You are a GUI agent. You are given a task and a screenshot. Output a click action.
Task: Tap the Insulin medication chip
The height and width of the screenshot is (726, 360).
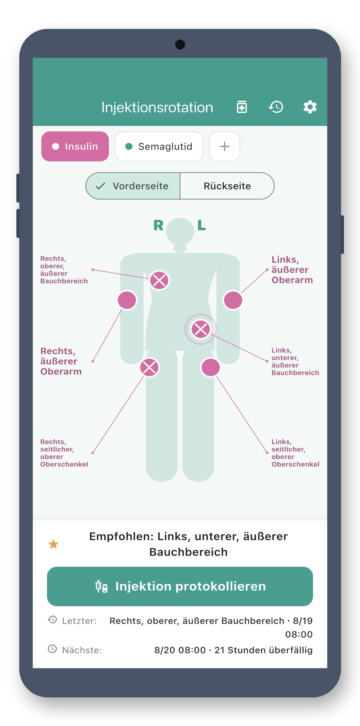(x=75, y=146)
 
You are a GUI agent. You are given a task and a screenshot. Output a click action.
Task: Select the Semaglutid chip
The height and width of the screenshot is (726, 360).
(x=159, y=146)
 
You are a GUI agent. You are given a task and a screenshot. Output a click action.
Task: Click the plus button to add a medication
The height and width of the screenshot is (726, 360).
(x=224, y=146)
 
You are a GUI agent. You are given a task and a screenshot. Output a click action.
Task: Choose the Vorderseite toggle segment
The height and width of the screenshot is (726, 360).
(x=133, y=186)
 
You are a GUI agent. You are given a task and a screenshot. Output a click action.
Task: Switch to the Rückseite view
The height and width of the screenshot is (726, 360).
(x=227, y=186)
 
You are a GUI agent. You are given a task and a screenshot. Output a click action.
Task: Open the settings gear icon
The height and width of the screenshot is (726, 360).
(x=310, y=107)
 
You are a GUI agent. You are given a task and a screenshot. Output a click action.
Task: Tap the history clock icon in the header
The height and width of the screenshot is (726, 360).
(x=276, y=107)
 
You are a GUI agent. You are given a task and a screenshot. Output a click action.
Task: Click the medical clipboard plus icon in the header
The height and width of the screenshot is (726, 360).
(x=242, y=107)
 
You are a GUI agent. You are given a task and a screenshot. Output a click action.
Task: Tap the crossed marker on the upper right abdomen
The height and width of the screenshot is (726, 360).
(x=159, y=280)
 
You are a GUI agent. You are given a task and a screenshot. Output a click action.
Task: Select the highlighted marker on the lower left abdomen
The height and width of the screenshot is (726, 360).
(x=201, y=329)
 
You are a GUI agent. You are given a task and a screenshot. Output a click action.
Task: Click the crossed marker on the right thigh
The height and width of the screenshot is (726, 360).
(x=149, y=367)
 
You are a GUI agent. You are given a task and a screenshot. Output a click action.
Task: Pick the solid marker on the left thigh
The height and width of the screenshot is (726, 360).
(x=211, y=367)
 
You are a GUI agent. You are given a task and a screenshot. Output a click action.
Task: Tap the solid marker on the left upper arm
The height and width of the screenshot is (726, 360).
(x=233, y=300)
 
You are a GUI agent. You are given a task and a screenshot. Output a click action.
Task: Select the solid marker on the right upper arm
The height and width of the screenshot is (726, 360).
(x=127, y=300)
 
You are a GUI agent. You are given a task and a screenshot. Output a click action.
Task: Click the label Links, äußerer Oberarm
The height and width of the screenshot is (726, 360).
(x=292, y=270)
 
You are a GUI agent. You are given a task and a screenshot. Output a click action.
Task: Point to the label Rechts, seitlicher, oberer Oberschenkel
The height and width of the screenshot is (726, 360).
(x=64, y=453)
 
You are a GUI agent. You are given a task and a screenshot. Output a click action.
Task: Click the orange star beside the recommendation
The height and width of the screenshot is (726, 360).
(x=53, y=544)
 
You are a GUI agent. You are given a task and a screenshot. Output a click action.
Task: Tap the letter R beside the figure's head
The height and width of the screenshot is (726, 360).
(x=158, y=225)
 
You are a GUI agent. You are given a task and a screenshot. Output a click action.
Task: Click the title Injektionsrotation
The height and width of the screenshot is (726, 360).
(x=157, y=107)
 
